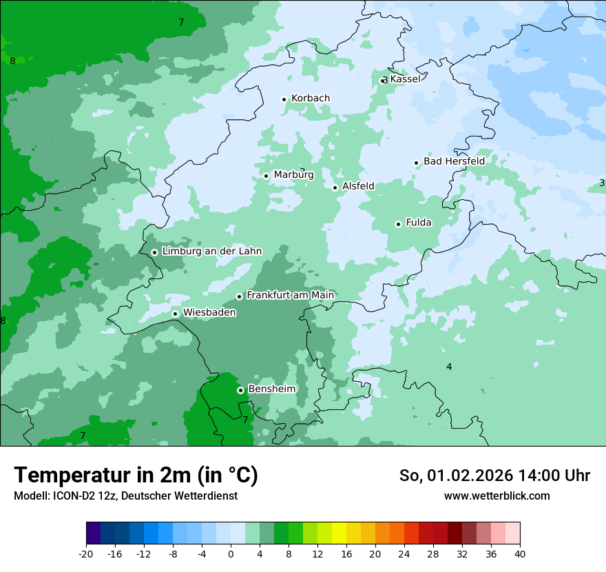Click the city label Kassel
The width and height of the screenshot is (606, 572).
click(x=405, y=79)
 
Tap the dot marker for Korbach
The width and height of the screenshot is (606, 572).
click(x=284, y=99)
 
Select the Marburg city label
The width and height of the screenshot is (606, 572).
click(x=293, y=175)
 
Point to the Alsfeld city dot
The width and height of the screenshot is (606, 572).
click(x=335, y=187)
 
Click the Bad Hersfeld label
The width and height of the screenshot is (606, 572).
click(x=454, y=161)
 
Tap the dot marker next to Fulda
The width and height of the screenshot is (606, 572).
click(x=398, y=224)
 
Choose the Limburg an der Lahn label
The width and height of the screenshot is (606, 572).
click(x=211, y=252)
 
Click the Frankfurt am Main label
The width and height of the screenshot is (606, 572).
click(x=290, y=295)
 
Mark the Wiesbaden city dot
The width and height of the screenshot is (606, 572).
click(x=175, y=314)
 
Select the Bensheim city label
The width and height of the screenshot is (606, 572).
click(x=271, y=389)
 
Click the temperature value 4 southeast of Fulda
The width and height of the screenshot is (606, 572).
click(x=449, y=367)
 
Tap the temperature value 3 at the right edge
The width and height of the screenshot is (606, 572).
click(x=602, y=183)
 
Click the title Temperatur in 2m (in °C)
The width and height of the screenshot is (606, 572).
click(x=136, y=476)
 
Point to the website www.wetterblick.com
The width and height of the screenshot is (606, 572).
click(x=497, y=496)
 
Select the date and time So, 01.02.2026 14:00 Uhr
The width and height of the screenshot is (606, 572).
click(x=494, y=476)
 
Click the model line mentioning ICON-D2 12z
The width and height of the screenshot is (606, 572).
click(x=125, y=496)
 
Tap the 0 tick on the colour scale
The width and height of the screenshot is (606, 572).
click(x=231, y=553)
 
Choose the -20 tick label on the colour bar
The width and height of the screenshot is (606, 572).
click(x=86, y=553)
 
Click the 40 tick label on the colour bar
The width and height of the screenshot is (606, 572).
click(x=520, y=553)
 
